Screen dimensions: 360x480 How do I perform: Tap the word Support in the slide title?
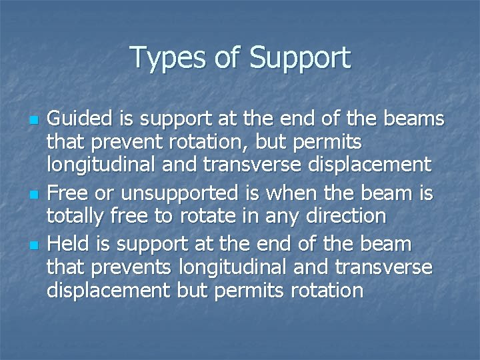pyautogui.click(x=299, y=58)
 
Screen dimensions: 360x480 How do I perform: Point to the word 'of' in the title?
pyautogui.click(x=227, y=58)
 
